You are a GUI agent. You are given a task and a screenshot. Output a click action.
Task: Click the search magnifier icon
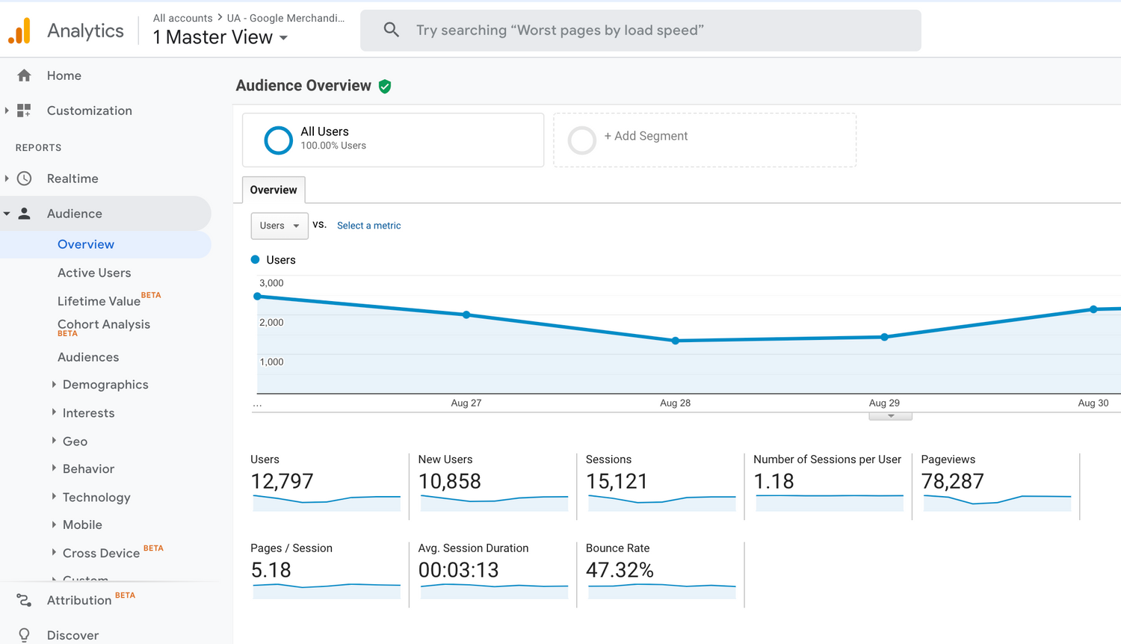[391, 30]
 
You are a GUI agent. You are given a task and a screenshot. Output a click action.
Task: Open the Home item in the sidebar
[64, 75]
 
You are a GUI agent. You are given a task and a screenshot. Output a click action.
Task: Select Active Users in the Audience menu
[94, 273]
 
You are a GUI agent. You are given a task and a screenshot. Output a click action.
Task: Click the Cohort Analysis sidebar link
[104, 324]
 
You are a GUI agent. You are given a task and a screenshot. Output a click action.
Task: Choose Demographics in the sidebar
[105, 385]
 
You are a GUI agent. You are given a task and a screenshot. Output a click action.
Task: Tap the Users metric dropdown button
[280, 226]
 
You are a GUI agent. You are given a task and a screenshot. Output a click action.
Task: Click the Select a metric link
[368, 226]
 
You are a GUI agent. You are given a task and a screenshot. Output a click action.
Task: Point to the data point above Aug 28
[676, 341]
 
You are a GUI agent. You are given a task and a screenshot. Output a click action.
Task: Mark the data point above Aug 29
[884, 337]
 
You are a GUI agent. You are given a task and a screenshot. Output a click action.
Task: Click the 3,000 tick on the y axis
[271, 283]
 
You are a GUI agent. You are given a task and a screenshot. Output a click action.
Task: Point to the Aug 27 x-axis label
[466, 403]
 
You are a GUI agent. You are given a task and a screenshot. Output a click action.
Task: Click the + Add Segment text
[646, 136]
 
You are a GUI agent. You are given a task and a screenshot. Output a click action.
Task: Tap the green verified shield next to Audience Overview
[385, 87]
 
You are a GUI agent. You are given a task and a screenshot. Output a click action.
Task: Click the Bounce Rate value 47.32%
[620, 570]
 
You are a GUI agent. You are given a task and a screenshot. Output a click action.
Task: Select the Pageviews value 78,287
[952, 481]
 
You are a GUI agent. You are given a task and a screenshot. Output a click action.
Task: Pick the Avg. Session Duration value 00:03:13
[458, 570]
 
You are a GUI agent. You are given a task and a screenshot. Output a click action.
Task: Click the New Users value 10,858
[449, 481]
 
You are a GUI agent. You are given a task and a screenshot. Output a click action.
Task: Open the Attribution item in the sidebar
[78, 600]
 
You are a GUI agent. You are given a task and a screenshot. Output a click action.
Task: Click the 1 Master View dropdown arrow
[283, 38]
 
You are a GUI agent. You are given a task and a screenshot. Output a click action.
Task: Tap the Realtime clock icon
[25, 179]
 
